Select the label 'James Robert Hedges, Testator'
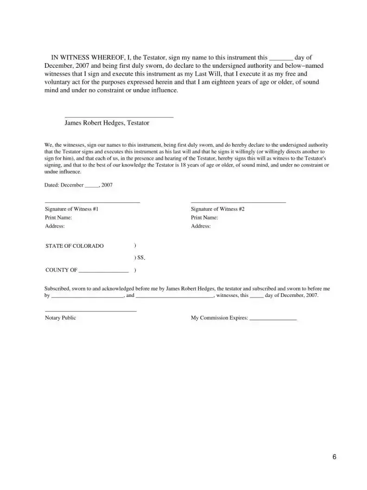click(x=107, y=123)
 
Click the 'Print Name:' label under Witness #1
click(x=58, y=217)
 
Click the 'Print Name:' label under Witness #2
click(x=204, y=217)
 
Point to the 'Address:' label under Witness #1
click(x=55, y=226)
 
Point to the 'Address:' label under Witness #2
click(x=201, y=226)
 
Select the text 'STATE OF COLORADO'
click(x=75, y=246)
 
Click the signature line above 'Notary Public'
click(x=91, y=311)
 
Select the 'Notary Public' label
click(x=60, y=318)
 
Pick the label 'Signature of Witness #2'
click(x=217, y=209)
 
